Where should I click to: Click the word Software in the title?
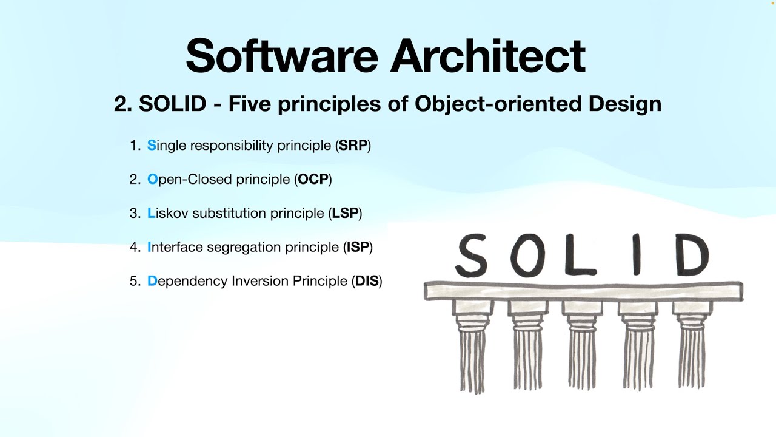pyautogui.click(x=281, y=55)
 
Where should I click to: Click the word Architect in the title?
pyautogui.click(x=488, y=55)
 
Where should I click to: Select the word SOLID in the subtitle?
pyautogui.click(x=172, y=104)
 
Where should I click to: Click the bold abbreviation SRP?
pyautogui.click(x=353, y=146)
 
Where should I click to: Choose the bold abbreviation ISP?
pyautogui.click(x=357, y=248)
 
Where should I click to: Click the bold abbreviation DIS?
pyautogui.click(x=366, y=282)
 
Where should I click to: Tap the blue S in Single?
pyautogui.click(x=152, y=146)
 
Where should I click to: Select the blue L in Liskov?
pyautogui.click(x=151, y=214)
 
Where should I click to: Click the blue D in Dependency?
pyautogui.click(x=152, y=282)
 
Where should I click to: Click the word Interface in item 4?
pyautogui.click(x=175, y=248)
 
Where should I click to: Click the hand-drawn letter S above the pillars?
pyautogui.click(x=472, y=256)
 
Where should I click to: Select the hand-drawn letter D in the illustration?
pyautogui.click(x=692, y=255)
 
